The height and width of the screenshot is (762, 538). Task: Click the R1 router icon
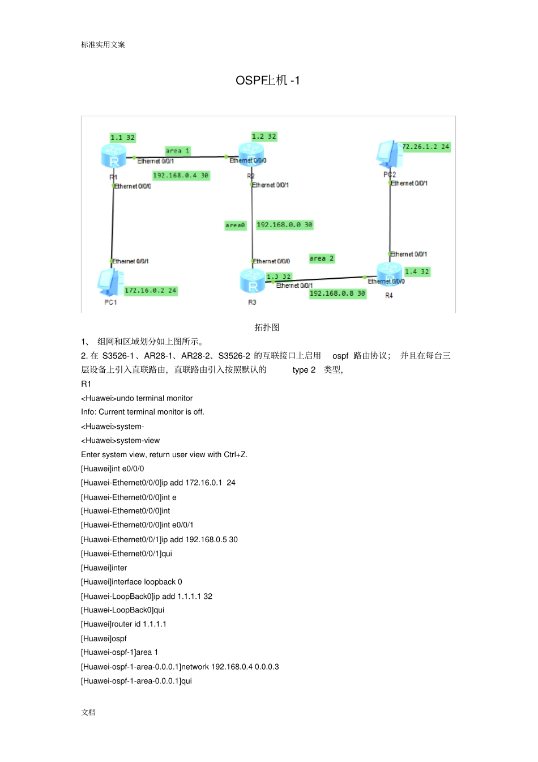(113, 156)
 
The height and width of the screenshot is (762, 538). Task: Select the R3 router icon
(252, 281)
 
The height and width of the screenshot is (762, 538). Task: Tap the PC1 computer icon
(110, 282)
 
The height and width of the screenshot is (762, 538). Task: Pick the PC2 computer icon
(388, 154)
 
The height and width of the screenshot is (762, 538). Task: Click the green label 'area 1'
(178, 151)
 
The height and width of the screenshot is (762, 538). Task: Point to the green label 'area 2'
(322, 258)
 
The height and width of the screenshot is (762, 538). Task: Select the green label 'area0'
(235, 225)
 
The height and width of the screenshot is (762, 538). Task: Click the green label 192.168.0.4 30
(181, 176)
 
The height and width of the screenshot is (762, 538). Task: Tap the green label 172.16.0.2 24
(151, 291)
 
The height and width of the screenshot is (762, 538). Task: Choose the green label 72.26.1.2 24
(426, 147)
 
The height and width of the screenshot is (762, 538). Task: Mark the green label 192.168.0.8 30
(338, 293)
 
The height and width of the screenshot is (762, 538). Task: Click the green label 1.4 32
(417, 272)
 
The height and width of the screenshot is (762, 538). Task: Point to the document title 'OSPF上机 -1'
(268, 80)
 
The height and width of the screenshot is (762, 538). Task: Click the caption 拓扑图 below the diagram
(267, 327)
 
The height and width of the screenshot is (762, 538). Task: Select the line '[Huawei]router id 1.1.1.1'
(123, 624)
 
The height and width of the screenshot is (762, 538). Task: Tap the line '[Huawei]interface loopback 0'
(131, 582)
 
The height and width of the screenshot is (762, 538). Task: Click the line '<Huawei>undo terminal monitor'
(136, 398)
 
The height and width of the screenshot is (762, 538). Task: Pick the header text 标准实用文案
(103, 45)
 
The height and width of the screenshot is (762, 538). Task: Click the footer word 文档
(88, 712)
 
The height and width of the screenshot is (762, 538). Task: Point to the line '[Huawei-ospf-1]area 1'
(119, 652)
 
